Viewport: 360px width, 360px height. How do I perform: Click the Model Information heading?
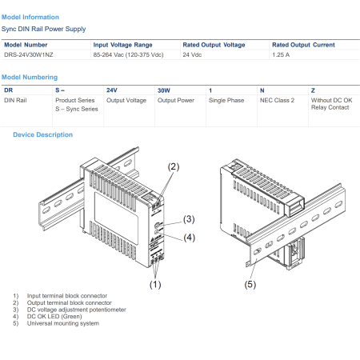[30, 17]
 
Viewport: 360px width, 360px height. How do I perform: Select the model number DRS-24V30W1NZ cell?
[29, 54]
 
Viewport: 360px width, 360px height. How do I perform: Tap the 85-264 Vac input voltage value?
[128, 54]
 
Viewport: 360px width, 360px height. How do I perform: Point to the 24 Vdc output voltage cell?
[192, 54]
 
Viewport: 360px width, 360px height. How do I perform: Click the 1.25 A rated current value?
[281, 54]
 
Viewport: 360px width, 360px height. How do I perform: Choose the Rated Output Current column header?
[303, 45]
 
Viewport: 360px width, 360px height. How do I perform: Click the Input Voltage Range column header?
[122, 45]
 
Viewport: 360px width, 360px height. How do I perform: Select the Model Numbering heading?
[30, 77]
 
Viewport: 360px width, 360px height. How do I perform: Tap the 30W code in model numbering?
[164, 90]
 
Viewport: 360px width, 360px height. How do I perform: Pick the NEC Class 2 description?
[277, 100]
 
